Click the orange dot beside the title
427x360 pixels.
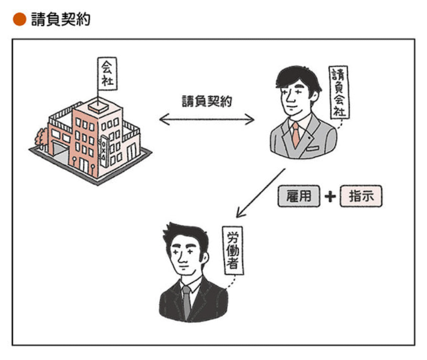pyautogui.click(x=19, y=19)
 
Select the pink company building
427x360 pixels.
pyautogui.click(x=90, y=141)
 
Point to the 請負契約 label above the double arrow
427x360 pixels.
pyautogui.click(x=207, y=101)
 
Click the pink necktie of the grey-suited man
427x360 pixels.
pyautogui.click(x=296, y=135)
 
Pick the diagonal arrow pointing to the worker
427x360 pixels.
pyautogui.click(x=260, y=193)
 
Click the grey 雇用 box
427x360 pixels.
pyautogui.click(x=300, y=197)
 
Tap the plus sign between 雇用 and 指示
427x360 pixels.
pyautogui.click(x=330, y=197)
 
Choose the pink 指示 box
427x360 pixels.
pyautogui.click(x=360, y=197)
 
